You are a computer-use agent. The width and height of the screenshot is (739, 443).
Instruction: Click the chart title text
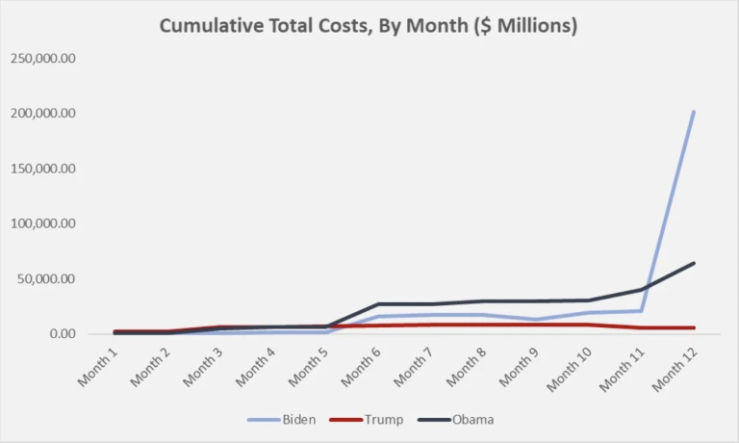click(x=369, y=26)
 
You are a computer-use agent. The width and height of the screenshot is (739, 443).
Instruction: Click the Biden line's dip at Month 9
click(x=536, y=320)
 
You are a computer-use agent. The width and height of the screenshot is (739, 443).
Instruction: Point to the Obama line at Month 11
click(x=641, y=289)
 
